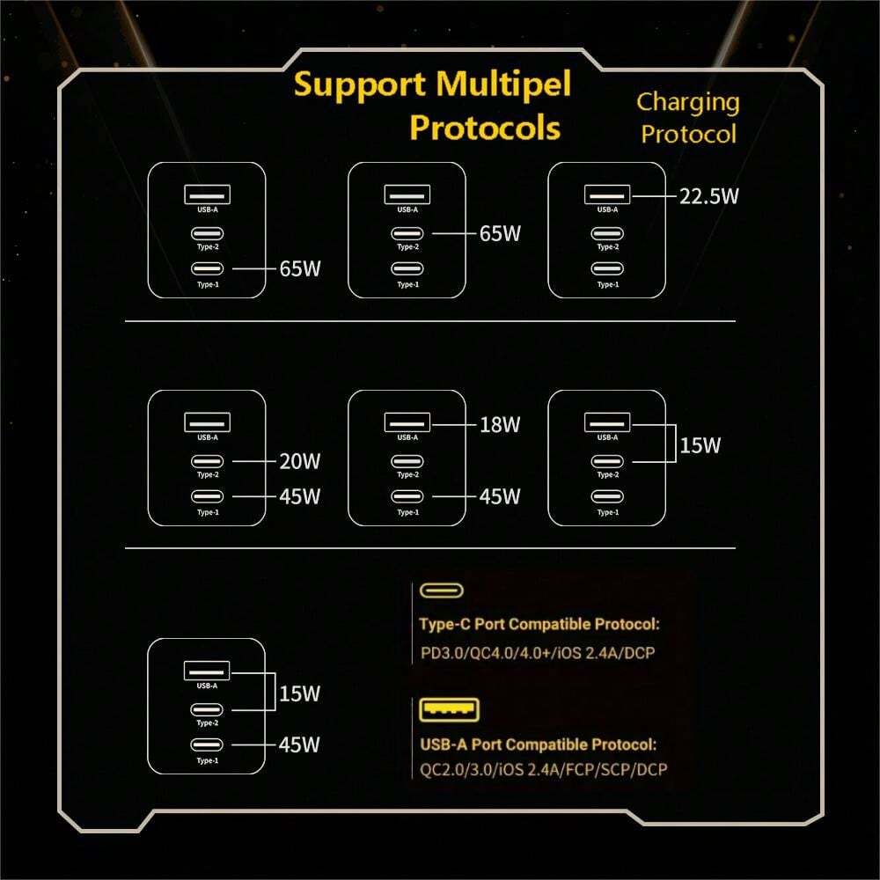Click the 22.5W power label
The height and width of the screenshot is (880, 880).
708,195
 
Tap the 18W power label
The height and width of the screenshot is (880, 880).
499,424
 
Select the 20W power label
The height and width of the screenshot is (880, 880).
299,461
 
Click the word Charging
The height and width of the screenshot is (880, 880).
688,102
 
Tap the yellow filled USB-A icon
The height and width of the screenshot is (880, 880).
449,709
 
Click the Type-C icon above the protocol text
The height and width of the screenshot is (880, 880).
442,590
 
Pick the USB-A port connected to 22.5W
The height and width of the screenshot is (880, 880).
607,194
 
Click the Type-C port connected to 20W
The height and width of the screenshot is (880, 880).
208,461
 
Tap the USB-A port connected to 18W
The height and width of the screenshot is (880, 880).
407,422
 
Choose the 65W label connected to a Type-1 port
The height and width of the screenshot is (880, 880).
299,268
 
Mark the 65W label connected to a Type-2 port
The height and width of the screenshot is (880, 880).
499,233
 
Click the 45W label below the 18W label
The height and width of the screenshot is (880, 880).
499,496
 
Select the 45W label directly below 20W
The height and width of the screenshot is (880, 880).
299,496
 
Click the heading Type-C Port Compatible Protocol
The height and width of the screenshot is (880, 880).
539,626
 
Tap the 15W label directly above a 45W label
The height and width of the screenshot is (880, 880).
299,693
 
